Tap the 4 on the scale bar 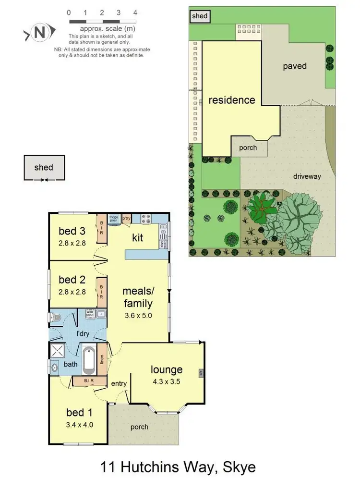[x=135, y=12]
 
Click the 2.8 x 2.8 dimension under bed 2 [x=72, y=292]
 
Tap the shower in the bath [x=58, y=350]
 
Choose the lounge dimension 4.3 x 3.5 [x=167, y=382]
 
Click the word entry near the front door [x=119, y=383]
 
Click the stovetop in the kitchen [x=146, y=220]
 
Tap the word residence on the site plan [x=232, y=100]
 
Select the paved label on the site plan [x=294, y=66]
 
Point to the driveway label [x=307, y=176]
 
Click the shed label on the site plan [x=199, y=16]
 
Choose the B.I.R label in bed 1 [x=88, y=381]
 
